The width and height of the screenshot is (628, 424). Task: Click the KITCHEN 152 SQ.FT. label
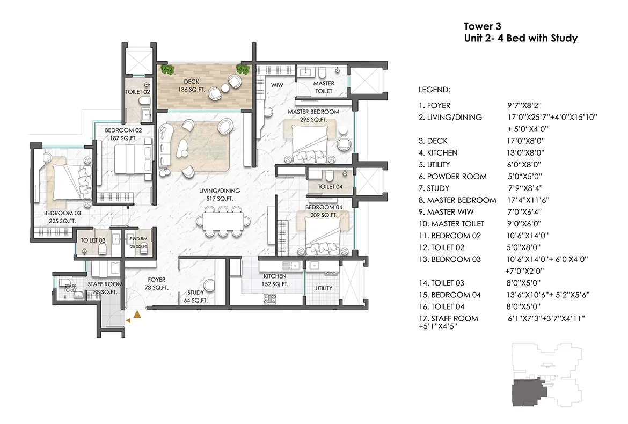276,280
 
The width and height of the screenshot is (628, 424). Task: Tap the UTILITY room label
324,288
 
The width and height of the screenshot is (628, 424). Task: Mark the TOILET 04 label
330,187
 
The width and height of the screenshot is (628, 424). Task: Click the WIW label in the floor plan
277,85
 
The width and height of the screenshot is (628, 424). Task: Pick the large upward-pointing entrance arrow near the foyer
137,315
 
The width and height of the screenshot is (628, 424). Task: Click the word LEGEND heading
434,89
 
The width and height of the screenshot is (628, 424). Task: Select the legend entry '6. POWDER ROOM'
452,177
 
